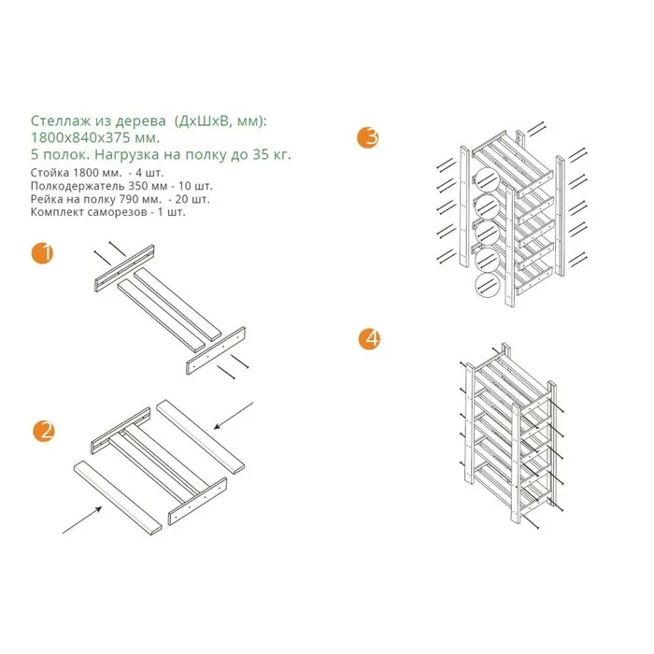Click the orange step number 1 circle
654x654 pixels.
point(43,253)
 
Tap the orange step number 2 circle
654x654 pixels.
point(44,431)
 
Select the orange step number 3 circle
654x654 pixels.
point(368,137)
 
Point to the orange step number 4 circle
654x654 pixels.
point(370,339)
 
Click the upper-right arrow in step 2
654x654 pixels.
point(234,416)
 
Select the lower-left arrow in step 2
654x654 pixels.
point(82,519)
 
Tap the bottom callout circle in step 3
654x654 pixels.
point(487,284)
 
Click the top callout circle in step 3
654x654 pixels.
point(487,179)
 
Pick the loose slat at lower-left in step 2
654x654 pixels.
point(118,498)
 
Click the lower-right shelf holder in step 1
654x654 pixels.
point(216,350)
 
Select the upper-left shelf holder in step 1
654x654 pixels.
point(124,268)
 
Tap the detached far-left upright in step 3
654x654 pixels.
point(464,206)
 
